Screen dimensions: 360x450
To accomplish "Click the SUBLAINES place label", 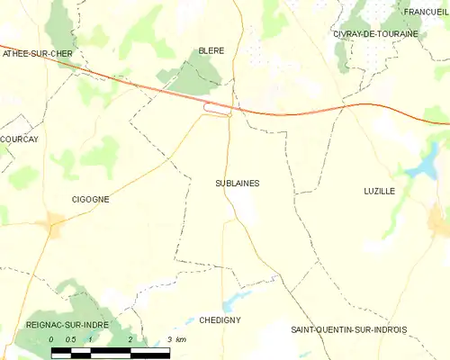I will pos(238,183).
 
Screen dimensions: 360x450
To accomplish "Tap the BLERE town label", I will pos(211,51).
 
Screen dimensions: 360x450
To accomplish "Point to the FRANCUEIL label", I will pos(425,12).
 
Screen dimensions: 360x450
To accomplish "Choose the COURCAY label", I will pos(18,139).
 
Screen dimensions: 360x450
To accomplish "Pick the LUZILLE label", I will pos(380,191).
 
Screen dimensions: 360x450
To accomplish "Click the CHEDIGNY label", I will pos(220,319).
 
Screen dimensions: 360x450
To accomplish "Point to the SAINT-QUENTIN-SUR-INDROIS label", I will pos(348,330).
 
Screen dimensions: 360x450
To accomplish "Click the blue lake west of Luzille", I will pos(419,168).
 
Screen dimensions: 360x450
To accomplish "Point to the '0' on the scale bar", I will pos(52,339).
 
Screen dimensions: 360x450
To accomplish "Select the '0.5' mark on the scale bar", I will pos(71,339).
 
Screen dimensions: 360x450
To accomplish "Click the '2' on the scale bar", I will pos(131,339).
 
